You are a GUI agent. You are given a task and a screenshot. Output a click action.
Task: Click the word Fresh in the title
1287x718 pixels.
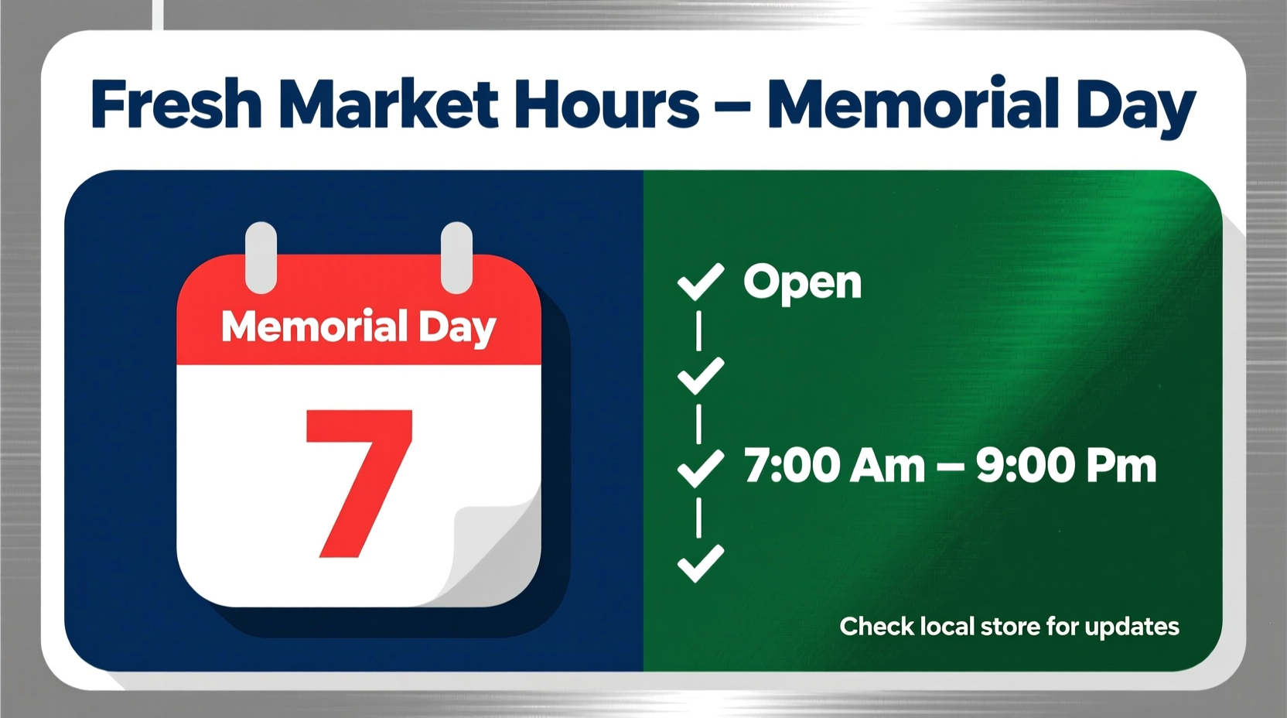coord(176,104)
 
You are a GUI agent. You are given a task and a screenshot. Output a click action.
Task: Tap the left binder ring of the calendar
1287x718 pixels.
coord(261,258)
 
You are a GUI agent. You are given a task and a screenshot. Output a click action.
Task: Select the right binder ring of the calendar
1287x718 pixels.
coord(456,258)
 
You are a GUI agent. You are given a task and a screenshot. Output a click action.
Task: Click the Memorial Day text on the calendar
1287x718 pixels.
coord(358,327)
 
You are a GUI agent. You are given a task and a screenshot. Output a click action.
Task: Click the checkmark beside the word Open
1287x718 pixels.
coord(700,282)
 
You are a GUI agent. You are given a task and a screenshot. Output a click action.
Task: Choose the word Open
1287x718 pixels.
coord(802,282)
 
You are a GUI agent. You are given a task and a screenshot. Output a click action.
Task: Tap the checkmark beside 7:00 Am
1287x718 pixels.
coord(700,467)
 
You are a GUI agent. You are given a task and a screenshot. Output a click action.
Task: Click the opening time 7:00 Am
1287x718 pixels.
coord(835,467)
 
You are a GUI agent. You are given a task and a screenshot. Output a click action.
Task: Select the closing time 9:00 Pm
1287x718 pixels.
coord(1066,467)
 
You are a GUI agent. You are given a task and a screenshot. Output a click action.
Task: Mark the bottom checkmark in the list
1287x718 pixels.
coord(700,562)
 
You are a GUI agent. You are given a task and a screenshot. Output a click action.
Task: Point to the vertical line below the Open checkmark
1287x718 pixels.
coord(699,330)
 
